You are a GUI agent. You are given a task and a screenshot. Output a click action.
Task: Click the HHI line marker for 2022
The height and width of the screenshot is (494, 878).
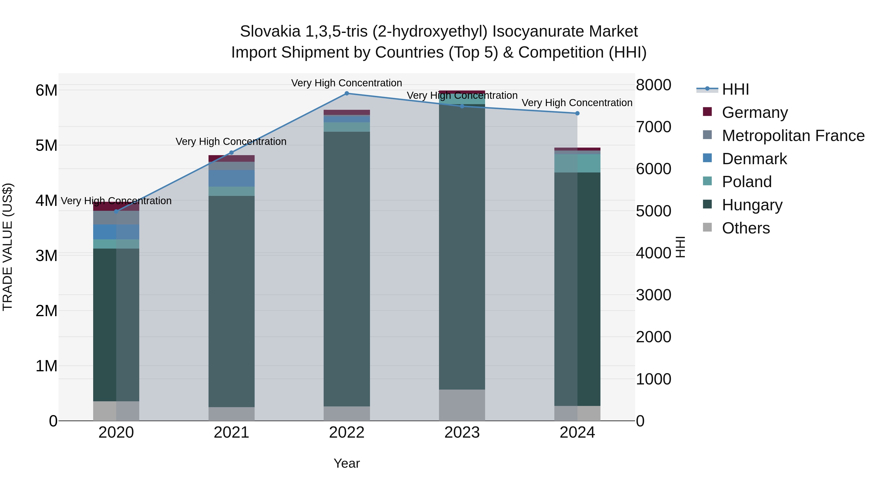(347, 93)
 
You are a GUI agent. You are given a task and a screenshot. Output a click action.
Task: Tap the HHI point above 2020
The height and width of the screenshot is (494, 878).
(116, 211)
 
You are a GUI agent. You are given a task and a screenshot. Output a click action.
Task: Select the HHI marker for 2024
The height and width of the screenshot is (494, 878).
(577, 113)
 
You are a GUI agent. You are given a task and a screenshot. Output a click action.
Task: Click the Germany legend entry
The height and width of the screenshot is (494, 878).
(754, 112)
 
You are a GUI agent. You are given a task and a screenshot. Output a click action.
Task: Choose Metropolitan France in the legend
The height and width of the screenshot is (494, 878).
(793, 136)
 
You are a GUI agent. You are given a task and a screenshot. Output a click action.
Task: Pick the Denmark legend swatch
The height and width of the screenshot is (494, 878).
(707, 158)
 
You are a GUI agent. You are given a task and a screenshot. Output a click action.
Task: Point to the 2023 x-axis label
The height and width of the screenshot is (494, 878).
(462, 433)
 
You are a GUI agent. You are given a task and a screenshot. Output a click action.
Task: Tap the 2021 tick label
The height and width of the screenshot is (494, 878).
(231, 433)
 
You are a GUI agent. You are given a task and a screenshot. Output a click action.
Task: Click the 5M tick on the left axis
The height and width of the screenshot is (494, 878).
(46, 146)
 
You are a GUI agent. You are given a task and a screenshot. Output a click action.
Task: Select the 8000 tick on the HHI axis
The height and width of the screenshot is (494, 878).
(653, 85)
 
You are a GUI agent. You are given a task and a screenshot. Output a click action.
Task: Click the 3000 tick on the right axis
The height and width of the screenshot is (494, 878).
(653, 295)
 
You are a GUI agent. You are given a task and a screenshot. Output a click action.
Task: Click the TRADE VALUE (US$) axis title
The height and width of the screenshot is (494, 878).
(8, 247)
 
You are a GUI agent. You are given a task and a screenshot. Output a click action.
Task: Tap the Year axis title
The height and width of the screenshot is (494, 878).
(347, 463)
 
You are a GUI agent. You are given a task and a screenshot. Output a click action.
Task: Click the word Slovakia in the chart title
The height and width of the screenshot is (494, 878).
(270, 31)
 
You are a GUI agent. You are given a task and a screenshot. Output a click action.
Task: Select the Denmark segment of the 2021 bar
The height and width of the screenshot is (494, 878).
(231, 178)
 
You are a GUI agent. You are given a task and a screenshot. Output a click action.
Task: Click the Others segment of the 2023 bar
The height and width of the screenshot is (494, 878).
(462, 405)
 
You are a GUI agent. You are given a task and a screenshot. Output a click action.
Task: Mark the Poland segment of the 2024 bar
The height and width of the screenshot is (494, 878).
(577, 163)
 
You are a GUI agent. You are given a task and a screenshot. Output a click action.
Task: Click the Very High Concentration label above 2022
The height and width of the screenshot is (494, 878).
(347, 83)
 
